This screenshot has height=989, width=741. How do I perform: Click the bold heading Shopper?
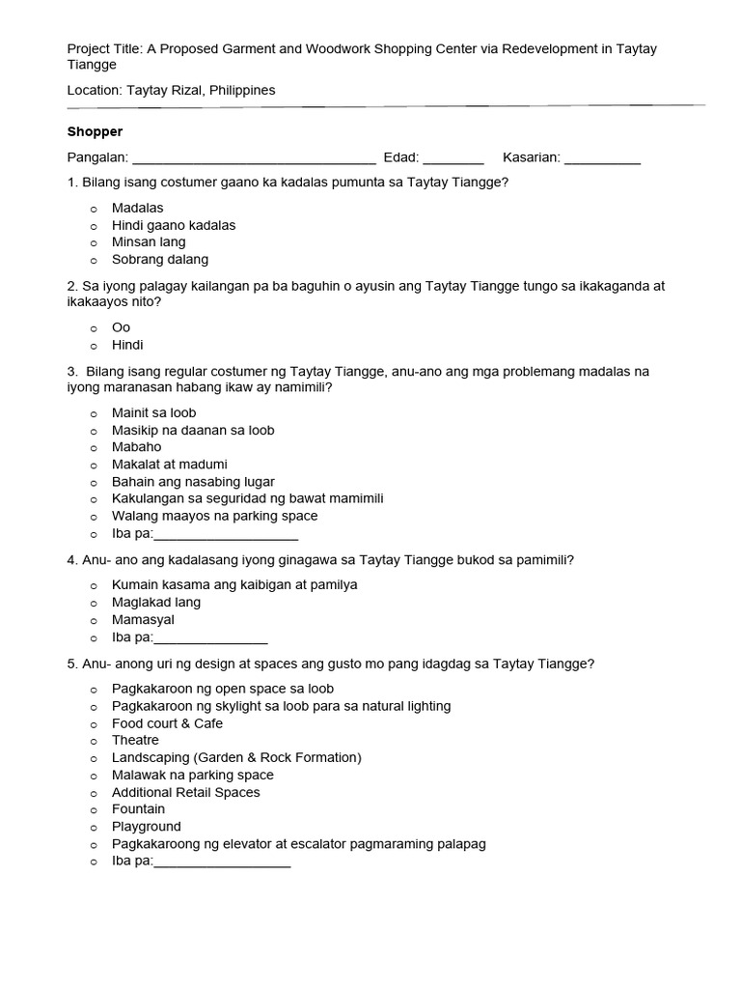(95, 131)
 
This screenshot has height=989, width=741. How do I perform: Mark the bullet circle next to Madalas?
(94, 209)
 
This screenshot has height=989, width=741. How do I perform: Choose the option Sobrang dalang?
(159, 260)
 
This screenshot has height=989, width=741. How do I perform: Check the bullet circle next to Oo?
(94, 328)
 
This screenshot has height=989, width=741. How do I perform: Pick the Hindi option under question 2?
(127, 345)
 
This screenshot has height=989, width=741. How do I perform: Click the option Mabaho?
(136, 447)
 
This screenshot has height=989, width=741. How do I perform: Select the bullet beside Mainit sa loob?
(94, 413)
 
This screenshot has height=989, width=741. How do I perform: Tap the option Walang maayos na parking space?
(214, 516)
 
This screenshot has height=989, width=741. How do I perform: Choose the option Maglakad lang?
(156, 603)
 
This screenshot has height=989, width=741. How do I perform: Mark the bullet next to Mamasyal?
(94, 620)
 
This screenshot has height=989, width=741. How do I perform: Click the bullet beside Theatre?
(94, 741)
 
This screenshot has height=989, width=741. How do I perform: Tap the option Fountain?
(138, 809)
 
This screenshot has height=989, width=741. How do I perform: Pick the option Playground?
(146, 827)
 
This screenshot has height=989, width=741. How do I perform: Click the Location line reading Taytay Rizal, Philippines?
(171, 90)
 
